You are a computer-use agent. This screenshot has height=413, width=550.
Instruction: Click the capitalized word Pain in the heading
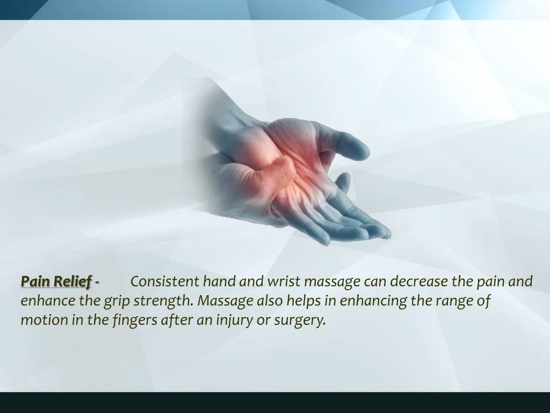[35, 281]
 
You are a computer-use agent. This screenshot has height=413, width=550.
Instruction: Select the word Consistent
[165, 281]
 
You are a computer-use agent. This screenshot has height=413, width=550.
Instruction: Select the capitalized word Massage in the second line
[224, 300]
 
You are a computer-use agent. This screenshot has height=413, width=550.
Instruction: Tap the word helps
[305, 300]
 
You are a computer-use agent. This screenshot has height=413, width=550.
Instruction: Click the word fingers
[135, 319]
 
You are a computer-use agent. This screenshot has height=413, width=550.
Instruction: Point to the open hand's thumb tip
[358, 149]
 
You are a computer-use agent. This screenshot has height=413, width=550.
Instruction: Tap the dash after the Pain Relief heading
[97, 282]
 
